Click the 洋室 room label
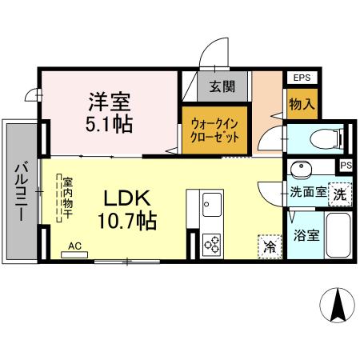click(x=110, y=102)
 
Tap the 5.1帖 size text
click(x=110, y=124)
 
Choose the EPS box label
click(x=302, y=78)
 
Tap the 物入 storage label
click(x=301, y=105)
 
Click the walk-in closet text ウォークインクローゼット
click(x=215, y=130)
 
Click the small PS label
click(x=345, y=166)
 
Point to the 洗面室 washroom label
click(x=307, y=192)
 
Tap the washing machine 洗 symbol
click(x=340, y=193)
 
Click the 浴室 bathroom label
click(x=306, y=237)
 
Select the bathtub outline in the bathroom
click(x=339, y=235)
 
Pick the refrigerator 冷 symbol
click(x=270, y=246)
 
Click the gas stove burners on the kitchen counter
click(x=212, y=243)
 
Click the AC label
click(x=74, y=246)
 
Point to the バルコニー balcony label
click(x=19, y=193)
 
